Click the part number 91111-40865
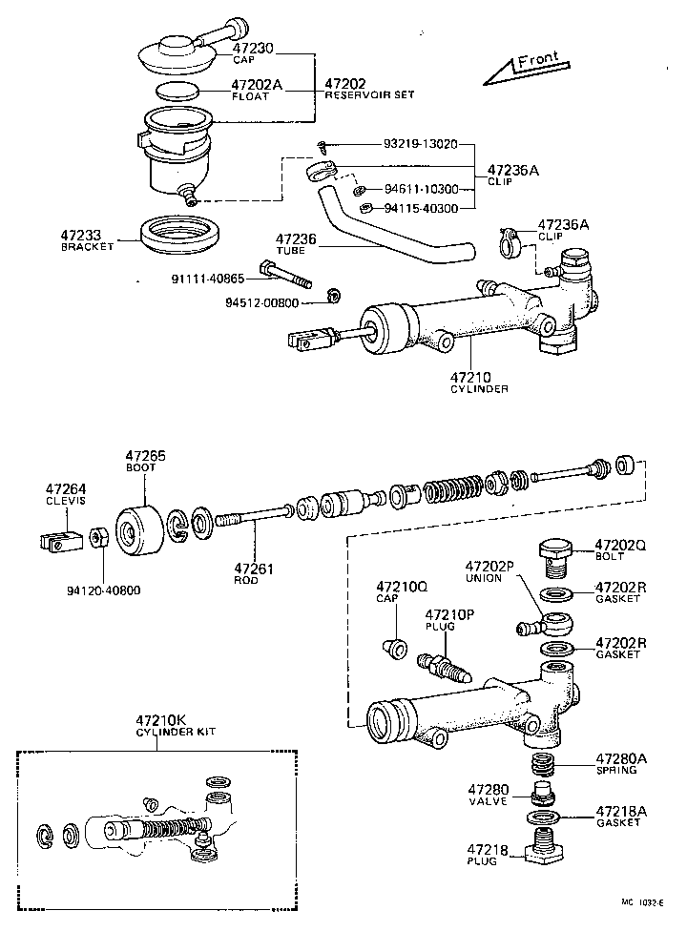pos(208,279)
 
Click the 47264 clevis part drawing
pos(60,539)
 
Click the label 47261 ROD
pos(254,573)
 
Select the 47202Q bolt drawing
pos(554,556)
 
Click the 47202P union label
pos(489,572)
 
